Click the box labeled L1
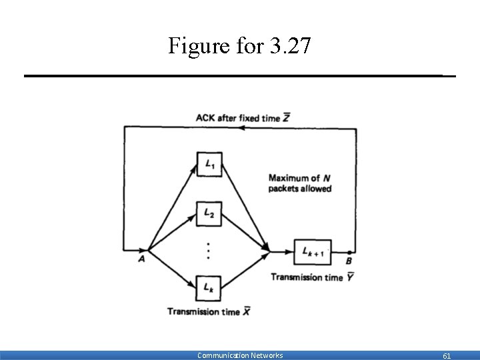point(209,164)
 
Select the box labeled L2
point(209,213)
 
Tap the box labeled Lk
point(209,287)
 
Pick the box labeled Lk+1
point(313,251)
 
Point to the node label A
point(141,259)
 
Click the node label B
point(349,261)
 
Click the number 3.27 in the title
point(289,46)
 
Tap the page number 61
point(447,356)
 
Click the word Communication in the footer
point(223,355)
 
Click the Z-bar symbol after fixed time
point(286,118)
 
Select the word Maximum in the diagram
point(289,178)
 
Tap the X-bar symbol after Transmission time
point(246,311)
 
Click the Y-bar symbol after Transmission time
point(349,277)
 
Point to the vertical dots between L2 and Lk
point(209,251)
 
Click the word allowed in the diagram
point(316,189)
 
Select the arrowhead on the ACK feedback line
point(243,128)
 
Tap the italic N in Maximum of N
point(326,178)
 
